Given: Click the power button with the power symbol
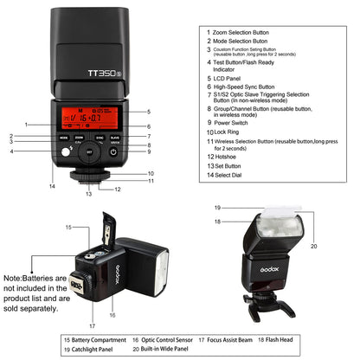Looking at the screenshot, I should [x=113, y=153].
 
